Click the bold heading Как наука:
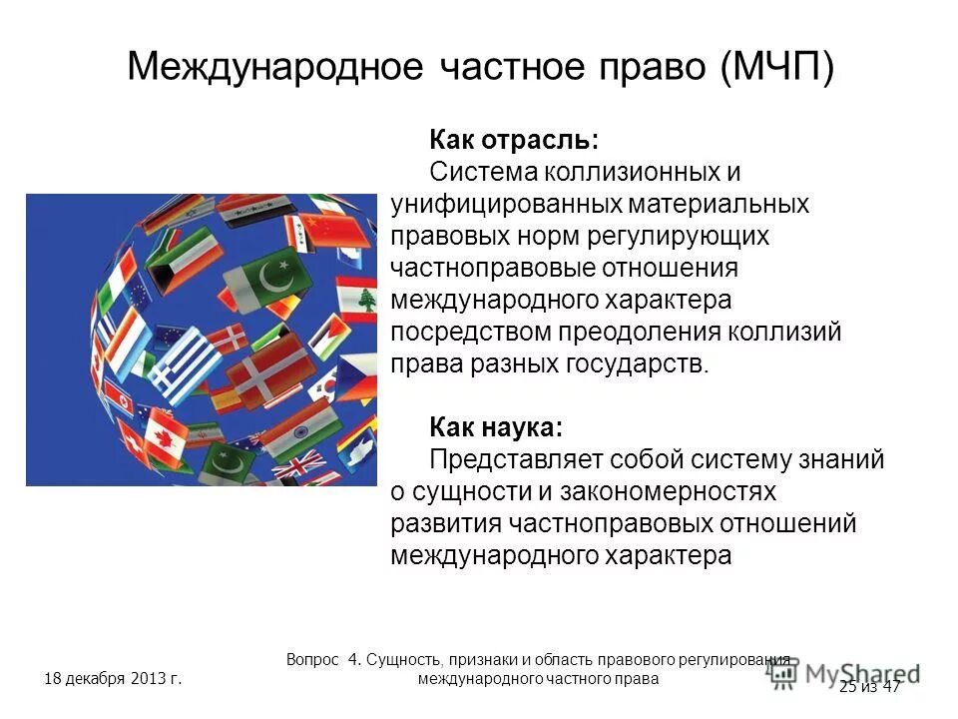496,428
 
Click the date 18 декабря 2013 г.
113,680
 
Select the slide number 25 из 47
870,686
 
